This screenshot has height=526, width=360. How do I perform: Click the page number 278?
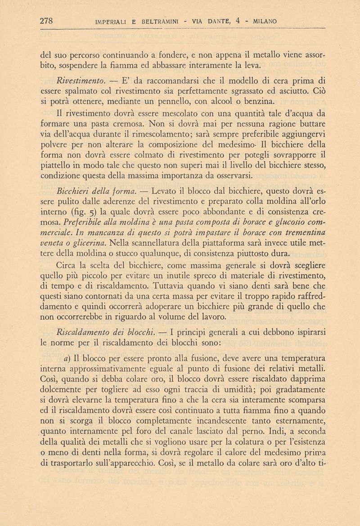47,20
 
